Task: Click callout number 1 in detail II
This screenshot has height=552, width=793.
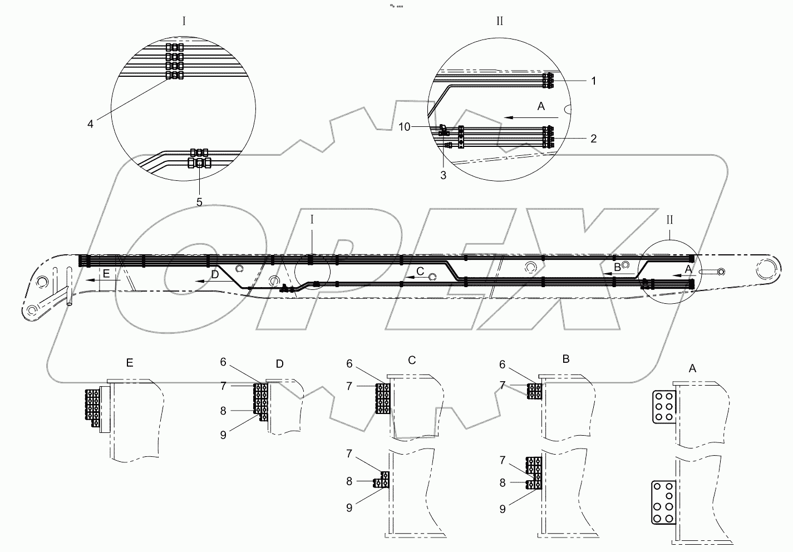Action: pos(593,81)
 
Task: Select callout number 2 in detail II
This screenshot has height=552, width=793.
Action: pos(593,139)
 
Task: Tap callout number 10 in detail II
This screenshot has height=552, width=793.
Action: pos(405,127)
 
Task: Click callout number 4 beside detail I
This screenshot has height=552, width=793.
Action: pos(91,124)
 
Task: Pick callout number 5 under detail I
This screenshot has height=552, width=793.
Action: pos(199,201)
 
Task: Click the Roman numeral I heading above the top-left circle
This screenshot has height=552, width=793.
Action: pos(184,21)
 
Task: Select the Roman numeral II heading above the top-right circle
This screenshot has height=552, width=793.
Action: pos(499,21)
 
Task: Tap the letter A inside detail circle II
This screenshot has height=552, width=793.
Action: pos(541,107)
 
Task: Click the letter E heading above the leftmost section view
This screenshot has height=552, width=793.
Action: pos(130,363)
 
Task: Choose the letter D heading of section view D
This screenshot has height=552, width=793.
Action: pos(279,363)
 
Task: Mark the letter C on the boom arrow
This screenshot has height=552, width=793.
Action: pos(420,272)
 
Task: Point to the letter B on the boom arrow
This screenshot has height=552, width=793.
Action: pos(617,268)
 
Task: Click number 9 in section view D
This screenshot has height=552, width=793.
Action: pos(223,435)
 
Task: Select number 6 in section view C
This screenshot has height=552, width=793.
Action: pos(349,363)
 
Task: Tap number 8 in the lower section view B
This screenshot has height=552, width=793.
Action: pos(503,483)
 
